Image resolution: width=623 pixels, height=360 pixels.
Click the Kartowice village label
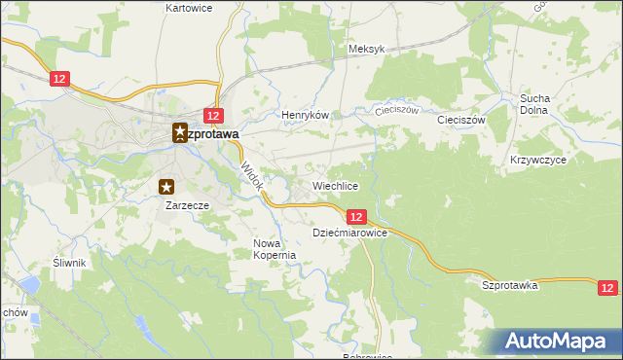[x=190, y=8]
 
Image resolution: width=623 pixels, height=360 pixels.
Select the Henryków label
[x=301, y=115]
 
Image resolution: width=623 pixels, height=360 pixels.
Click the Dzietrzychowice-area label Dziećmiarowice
[x=350, y=234]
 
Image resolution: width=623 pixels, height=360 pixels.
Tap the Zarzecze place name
[x=187, y=205]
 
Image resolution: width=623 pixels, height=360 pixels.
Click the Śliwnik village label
[x=70, y=263]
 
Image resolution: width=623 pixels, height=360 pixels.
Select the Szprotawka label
[x=510, y=285]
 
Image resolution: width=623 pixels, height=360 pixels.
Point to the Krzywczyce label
[x=537, y=159]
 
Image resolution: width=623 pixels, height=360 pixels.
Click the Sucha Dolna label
[x=535, y=104]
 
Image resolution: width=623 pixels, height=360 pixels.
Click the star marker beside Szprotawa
[x=179, y=133]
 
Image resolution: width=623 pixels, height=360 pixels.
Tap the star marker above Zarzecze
[x=167, y=187]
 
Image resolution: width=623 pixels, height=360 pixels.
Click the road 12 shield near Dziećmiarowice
[x=355, y=217]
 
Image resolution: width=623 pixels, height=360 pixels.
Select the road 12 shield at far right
[x=607, y=287]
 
